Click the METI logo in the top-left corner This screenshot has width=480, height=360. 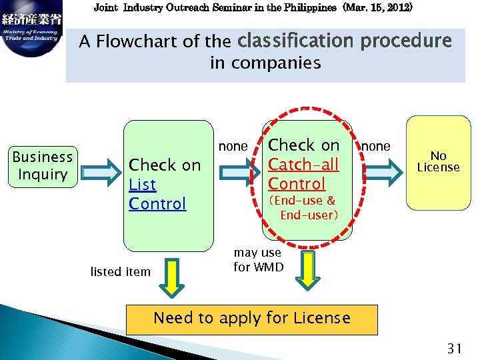[x=31, y=30]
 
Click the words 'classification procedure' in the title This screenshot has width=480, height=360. [x=344, y=41]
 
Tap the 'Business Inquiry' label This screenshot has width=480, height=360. [x=43, y=166]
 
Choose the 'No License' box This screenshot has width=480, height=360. [x=438, y=162]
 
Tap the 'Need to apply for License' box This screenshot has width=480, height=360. [x=251, y=319]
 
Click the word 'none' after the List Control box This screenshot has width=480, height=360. [x=233, y=146]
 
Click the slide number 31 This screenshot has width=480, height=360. [x=455, y=347]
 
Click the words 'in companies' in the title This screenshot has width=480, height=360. [x=265, y=63]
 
